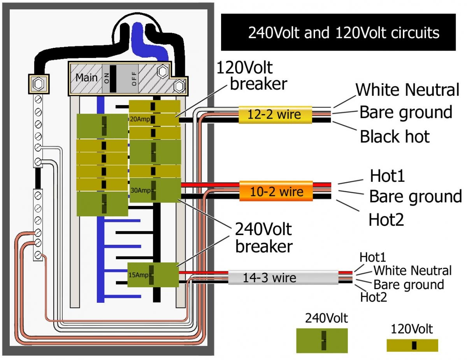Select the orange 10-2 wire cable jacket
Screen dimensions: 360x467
(276, 191)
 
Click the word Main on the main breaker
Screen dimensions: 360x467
(86, 77)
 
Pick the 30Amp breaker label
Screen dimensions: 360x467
(139, 191)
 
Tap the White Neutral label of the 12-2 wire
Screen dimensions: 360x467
(407, 90)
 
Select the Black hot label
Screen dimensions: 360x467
(395, 137)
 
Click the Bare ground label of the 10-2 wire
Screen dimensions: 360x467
(415, 197)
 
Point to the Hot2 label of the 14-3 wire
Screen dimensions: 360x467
(374, 298)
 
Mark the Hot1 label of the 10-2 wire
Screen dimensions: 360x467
(387, 176)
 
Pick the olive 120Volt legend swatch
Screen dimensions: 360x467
(412, 345)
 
